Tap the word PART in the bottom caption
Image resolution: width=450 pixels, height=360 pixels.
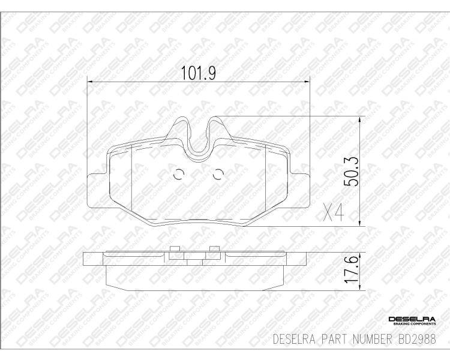tap(329, 337)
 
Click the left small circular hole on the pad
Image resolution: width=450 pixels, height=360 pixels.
tap(178, 175)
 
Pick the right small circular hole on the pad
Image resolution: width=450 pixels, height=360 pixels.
tap(218, 175)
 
